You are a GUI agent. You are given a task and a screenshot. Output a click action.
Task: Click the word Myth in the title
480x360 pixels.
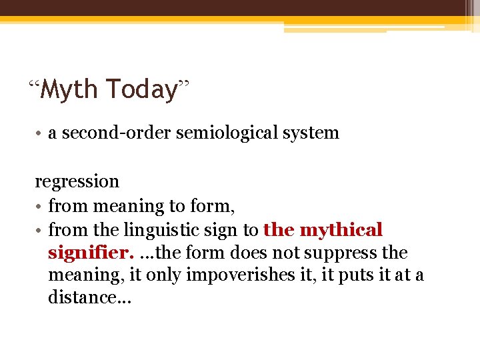tap(70, 89)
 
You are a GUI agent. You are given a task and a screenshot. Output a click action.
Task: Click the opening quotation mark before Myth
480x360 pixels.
tap(35, 85)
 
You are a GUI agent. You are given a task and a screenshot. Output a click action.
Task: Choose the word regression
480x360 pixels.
tap(77, 181)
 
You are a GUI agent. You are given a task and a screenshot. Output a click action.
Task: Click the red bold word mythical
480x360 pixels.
tap(341, 231)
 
